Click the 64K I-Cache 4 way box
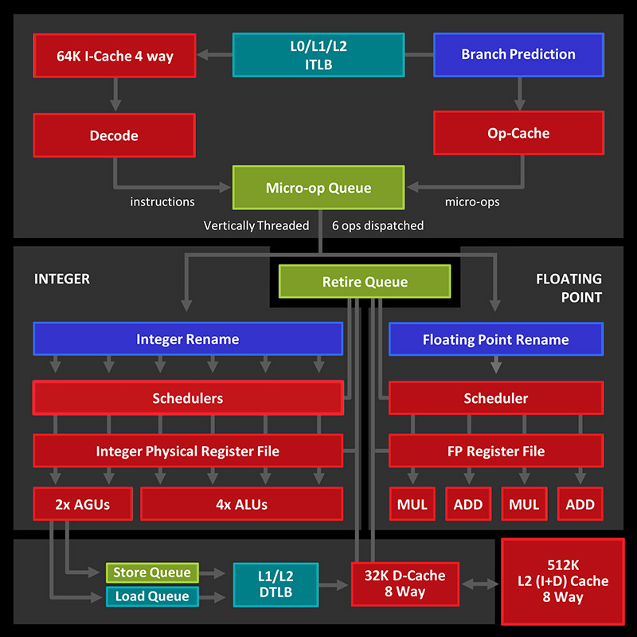(x=115, y=56)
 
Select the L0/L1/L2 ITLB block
(x=318, y=55)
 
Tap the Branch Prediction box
(x=518, y=54)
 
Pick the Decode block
(x=114, y=135)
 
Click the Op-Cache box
(x=518, y=133)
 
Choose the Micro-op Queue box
(x=318, y=188)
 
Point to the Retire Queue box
(x=365, y=282)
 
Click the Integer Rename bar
(x=188, y=339)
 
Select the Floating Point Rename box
(x=495, y=339)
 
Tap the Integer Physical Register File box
(x=188, y=451)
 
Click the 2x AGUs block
(x=82, y=504)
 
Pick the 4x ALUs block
(x=241, y=504)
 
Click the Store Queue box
(x=152, y=573)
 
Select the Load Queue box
(x=152, y=596)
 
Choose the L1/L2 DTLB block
(x=276, y=584)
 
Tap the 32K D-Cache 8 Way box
(x=405, y=584)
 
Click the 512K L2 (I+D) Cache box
(x=562, y=581)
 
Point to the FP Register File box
(x=495, y=451)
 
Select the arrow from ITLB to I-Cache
(x=213, y=55)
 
